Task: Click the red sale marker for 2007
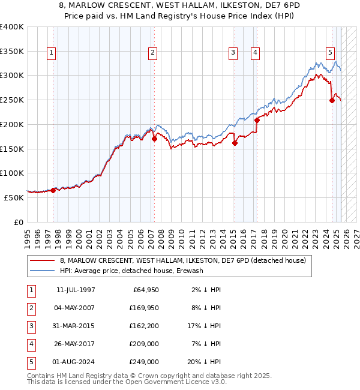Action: (154, 139)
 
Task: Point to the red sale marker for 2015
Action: (235, 143)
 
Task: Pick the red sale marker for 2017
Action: (257, 120)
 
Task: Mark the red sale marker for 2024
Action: (332, 100)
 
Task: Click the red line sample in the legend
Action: (42, 260)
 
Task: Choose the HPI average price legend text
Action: (131, 271)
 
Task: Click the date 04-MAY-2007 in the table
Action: (76, 309)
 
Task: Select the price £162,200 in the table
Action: (144, 327)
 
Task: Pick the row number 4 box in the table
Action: (31, 344)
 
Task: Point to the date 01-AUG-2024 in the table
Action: (76, 362)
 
